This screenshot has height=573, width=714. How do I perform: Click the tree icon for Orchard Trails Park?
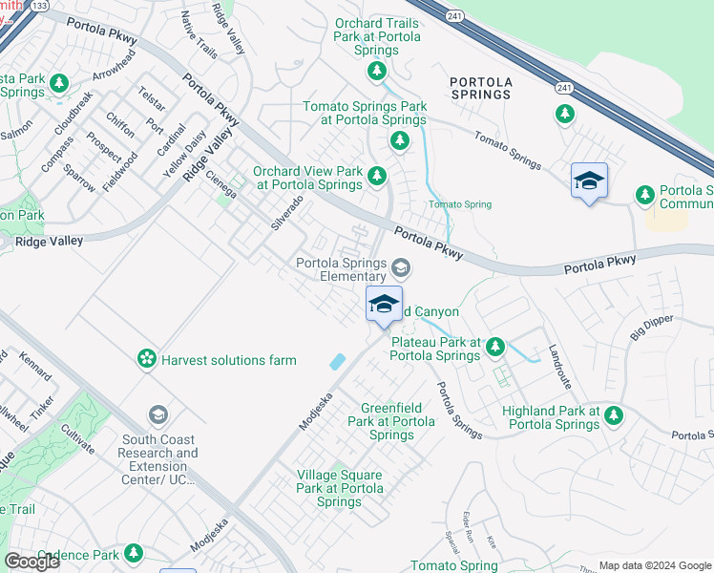377,70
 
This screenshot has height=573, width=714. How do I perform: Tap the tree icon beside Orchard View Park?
377,175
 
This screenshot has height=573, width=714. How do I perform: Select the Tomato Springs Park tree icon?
399,141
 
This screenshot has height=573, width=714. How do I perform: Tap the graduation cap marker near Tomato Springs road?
589,180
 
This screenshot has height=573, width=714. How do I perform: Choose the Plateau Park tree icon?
495,347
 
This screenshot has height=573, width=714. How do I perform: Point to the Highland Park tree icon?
614,415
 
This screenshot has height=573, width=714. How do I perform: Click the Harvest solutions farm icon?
147,359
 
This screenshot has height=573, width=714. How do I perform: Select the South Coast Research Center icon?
157,414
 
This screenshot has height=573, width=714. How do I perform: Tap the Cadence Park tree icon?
135,553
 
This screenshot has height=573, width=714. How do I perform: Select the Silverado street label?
286,212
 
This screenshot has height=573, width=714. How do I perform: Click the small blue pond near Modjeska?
337,362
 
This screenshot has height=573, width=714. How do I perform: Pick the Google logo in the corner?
31,562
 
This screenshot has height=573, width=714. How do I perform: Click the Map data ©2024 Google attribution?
655,565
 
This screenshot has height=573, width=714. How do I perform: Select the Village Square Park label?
339,488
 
